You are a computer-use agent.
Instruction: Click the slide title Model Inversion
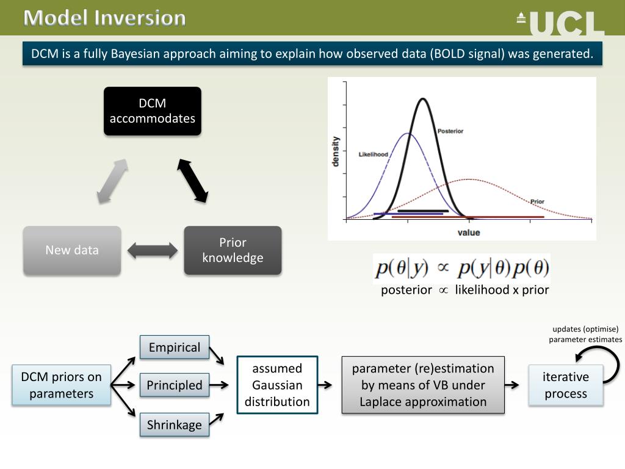[x=105, y=18]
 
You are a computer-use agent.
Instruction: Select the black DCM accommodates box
[x=153, y=111]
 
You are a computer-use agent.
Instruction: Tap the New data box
[x=72, y=250]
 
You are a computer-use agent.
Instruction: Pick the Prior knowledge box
[x=233, y=250]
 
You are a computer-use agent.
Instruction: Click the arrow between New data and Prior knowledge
[x=152, y=250]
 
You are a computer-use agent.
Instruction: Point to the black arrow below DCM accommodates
[x=193, y=180]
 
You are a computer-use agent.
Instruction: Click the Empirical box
[x=175, y=347]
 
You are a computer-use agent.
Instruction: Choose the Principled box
[x=175, y=385]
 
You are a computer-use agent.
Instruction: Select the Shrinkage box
[x=175, y=425]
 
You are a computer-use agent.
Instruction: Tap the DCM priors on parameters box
[x=62, y=385]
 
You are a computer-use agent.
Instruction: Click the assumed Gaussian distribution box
[x=277, y=385]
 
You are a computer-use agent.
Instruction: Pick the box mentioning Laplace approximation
[x=423, y=385]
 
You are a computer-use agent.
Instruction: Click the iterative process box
[x=566, y=385]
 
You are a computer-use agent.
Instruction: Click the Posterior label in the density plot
[x=450, y=131]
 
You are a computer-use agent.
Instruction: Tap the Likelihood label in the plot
[x=373, y=155]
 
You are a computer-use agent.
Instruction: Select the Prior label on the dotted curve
[x=537, y=201]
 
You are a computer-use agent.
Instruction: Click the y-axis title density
[x=336, y=151]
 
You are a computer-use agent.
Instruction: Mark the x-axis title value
[x=469, y=232]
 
